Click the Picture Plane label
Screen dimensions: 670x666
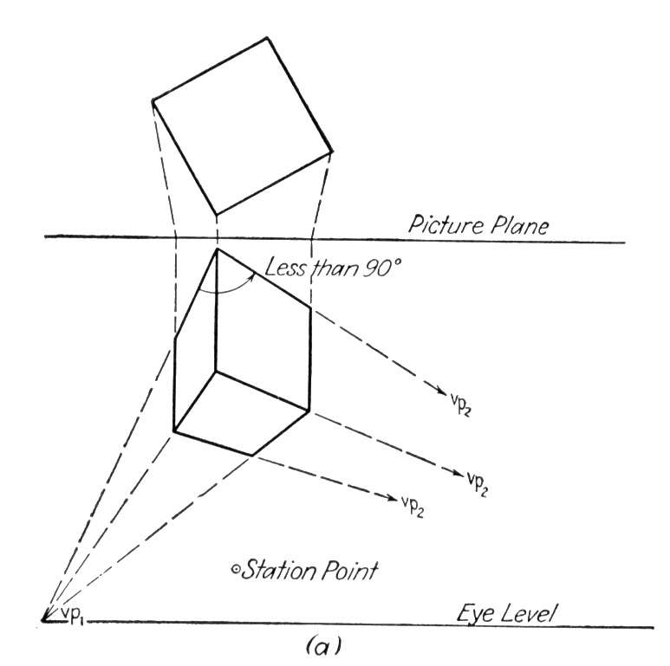tap(478, 225)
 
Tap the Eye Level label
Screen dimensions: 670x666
tap(506, 613)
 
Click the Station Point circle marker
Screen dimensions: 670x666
tap(235, 569)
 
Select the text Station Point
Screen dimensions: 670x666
tap(309, 570)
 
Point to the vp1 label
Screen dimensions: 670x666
tap(72, 615)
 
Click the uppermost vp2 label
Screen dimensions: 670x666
tap(461, 403)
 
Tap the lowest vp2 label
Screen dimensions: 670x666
tap(413, 507)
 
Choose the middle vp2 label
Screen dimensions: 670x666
tap(478, 484)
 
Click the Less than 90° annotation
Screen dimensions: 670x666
tap(333, 268)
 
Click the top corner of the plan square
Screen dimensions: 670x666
tap(267, 37)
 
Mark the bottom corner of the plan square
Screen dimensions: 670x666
tap(217, 214)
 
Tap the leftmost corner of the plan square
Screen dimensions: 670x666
tap(153, 100)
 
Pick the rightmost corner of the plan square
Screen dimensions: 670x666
tap(332, 152)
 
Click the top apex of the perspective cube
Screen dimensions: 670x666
tap(217, 249)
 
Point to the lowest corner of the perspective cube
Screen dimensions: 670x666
tap(253, 456)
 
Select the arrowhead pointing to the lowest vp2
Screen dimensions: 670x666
tap(393, 498)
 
